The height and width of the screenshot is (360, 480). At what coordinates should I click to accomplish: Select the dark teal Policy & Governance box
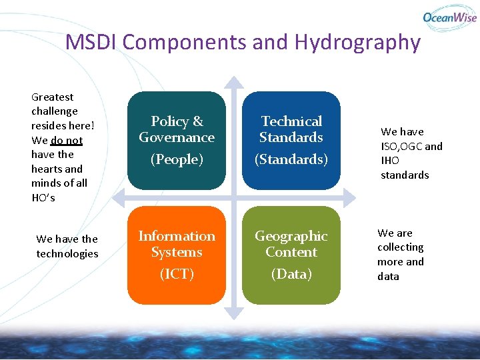177,140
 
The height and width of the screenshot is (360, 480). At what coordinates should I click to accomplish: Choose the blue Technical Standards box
291,140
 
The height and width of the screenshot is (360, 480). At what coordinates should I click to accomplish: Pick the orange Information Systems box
177,255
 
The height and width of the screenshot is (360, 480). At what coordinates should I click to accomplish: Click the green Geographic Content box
291,255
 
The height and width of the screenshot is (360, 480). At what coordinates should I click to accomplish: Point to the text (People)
177,159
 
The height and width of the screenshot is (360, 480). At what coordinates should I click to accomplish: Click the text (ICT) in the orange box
177,274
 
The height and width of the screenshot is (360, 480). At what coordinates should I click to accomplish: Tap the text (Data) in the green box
291,274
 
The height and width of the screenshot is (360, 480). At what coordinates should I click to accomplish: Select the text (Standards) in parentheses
291,159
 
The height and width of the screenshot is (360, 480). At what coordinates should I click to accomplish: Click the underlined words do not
66,141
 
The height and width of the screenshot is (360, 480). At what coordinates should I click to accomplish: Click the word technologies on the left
67,253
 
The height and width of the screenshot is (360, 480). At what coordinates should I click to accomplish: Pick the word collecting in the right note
400,247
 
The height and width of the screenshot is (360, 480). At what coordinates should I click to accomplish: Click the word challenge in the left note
55,111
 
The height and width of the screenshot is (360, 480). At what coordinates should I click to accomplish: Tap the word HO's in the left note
43,198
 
